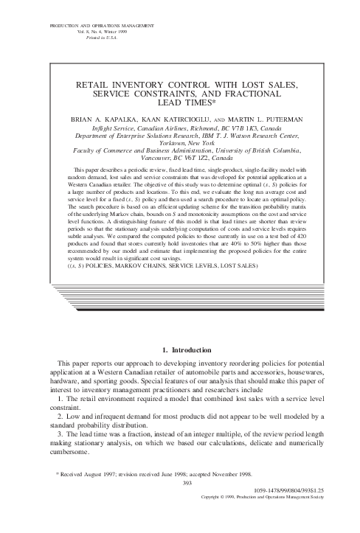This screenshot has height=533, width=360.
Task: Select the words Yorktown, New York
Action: tap(181, 143)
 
